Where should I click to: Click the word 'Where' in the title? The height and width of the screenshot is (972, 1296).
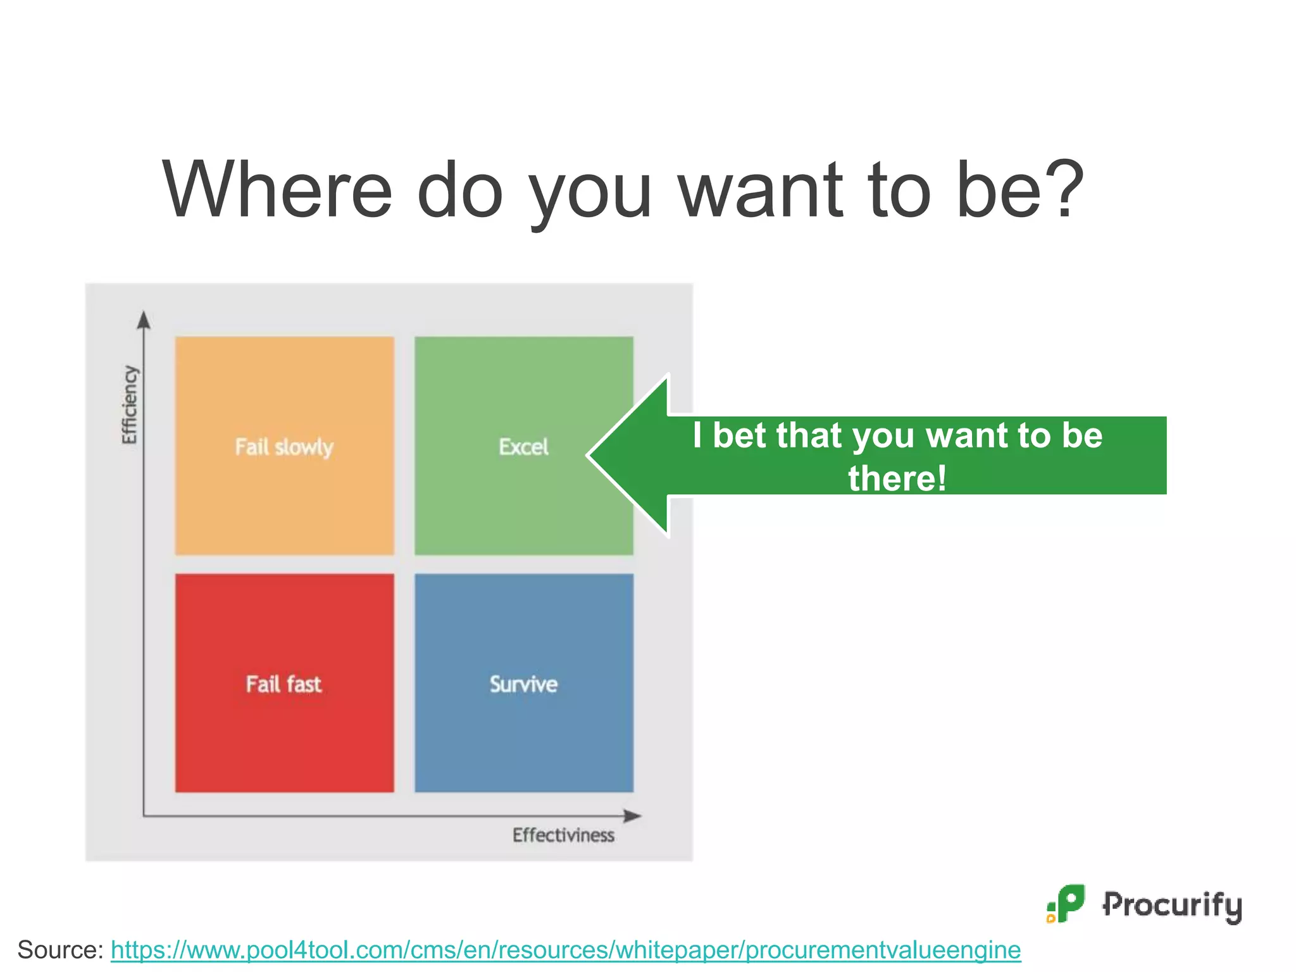point(277,189)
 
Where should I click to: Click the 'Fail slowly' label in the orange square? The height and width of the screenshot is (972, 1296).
point(284,447)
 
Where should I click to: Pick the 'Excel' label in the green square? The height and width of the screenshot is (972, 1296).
point(523,447)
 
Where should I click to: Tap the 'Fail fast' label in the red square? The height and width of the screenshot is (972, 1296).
point(283,684)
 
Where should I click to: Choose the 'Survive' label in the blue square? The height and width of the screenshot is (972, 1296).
point(523,684)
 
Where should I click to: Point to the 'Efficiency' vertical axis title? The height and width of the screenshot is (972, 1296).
point(129,405)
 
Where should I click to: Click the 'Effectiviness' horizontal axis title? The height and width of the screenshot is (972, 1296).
point(563,835)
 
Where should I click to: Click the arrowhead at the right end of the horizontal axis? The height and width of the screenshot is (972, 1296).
point(633,816)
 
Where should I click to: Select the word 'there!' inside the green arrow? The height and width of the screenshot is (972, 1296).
point(897,478)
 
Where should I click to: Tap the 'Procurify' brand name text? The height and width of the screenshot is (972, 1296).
point(1172,905)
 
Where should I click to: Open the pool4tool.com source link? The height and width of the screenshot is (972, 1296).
point(566,950)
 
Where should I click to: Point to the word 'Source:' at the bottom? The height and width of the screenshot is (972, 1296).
point(60,950)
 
